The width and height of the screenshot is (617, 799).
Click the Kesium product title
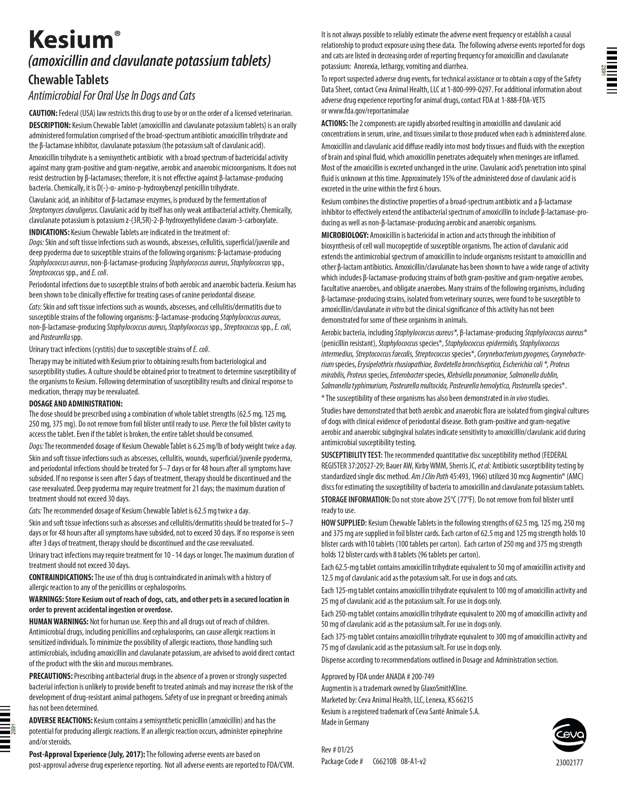pyautogui.click(x=72, y=40)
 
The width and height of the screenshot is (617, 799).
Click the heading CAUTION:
pyautogui.click(x=43, y=113)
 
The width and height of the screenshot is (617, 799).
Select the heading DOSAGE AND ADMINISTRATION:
pyautogui.click(x=76, y=404)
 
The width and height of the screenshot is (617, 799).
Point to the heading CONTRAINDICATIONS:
pyautogui.click(x=61, y=577)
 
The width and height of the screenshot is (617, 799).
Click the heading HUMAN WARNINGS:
pyautogui.click(x=59, y=622)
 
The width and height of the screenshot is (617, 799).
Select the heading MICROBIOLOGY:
pyautogui.click(x=345, y=235)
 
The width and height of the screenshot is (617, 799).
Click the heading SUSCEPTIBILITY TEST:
pyautogui.click(x=352, y=455)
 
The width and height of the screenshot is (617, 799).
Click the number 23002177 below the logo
pyautogui.click(x=569, y=763)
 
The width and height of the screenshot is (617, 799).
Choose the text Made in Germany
pyautogui.click(x=345, y=722)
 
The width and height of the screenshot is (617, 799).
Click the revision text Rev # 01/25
pyautogui.click(x=337, y=750)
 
